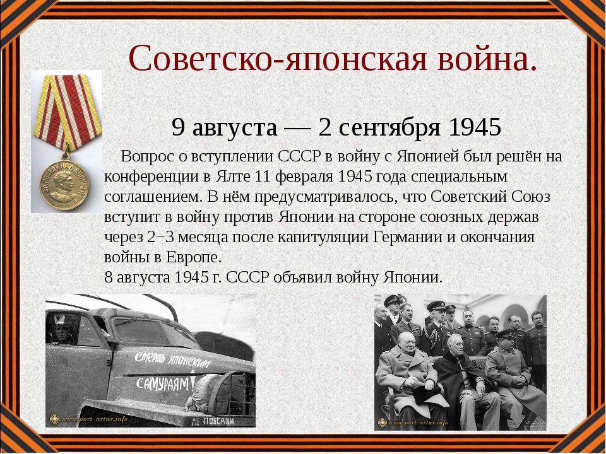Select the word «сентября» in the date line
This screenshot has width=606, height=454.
[x=390, y=128]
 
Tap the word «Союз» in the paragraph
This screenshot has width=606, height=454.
[x=531, y=197]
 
